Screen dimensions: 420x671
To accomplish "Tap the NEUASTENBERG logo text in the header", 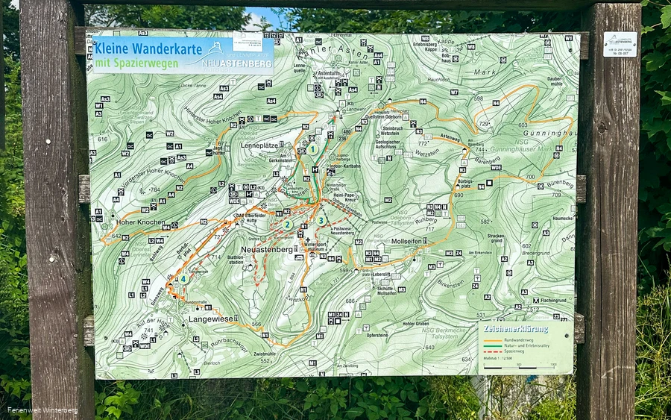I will [238, 64].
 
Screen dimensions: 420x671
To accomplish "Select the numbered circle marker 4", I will [183, 279].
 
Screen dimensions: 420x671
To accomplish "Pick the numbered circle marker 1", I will [313, 149].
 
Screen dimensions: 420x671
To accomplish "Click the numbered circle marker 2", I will [287, 224].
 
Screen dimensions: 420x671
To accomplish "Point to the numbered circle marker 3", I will [321, 220].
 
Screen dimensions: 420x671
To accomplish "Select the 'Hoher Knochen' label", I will [141, 222].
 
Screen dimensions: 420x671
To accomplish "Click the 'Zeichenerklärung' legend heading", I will [516, 328].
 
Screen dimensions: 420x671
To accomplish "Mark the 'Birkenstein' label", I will [450, 284].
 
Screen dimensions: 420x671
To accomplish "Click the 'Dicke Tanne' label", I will [192, 86].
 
